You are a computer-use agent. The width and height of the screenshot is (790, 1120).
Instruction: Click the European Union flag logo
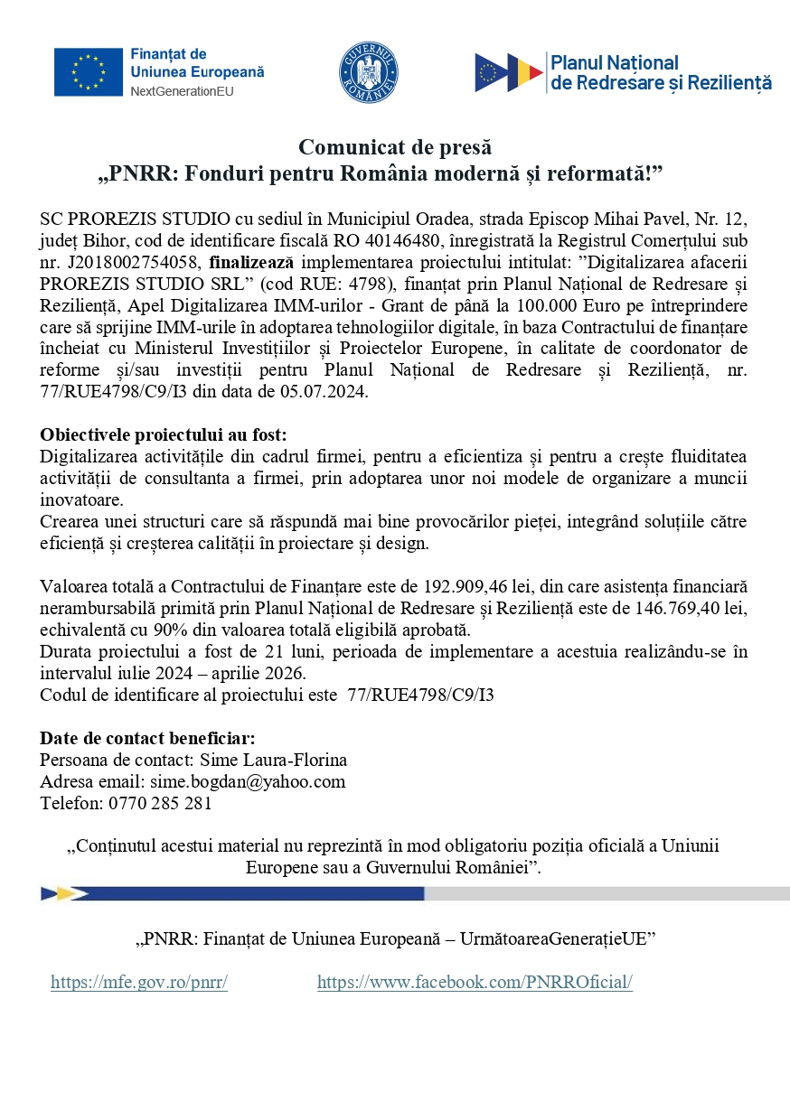pyautogui.click(x=88, y=71)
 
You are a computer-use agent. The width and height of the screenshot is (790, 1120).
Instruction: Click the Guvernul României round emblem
pyautogui.click(x=369, y=72)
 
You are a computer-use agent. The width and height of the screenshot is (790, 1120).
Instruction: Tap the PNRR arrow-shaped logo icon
pyautogui.click(x=509, y=73)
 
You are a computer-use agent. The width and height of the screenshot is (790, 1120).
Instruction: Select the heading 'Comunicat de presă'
pyautogui.click(x=395, y=147)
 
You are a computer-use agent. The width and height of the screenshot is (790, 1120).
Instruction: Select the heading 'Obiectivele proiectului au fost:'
pyautogui.click(x=164, y=434)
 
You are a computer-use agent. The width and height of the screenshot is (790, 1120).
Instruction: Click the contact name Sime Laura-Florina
pyautogui.click(x=273, y=760)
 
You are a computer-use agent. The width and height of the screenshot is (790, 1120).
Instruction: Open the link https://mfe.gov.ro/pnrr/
pyautogui.click(x=139, y=983)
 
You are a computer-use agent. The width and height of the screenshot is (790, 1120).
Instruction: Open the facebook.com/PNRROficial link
pyautogui.click(x=475, y=983)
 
